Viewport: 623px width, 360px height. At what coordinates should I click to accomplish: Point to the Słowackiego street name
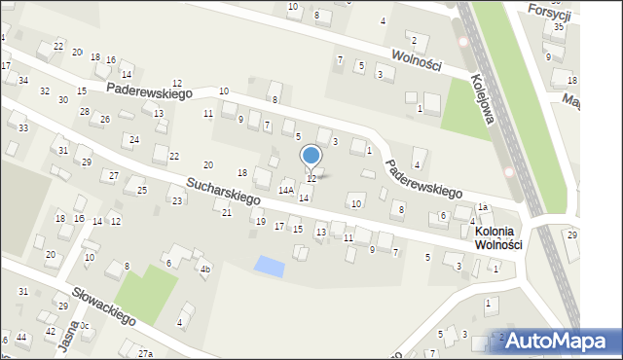click(x=102, y=305)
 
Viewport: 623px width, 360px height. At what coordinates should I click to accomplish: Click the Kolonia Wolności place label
click(x=498, y=238)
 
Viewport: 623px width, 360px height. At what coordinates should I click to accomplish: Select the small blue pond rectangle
click(x=265, y=265)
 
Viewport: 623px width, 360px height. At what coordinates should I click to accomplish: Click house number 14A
click(x=286, y=191)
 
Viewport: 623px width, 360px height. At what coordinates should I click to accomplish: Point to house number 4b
click(x=204, y=270)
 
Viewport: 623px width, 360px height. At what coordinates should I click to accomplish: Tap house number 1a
click(x=482, y=207)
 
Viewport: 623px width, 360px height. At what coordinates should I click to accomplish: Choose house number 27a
click(x=145, y=353)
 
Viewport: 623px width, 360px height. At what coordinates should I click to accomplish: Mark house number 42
click(x=50, y=332)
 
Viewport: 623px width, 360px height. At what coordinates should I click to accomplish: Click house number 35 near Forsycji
click(x=559, y=27)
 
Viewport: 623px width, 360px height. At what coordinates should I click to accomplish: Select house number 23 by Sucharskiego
click(x=176, y=200)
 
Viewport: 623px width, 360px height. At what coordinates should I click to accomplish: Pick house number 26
click(x=104, y=119)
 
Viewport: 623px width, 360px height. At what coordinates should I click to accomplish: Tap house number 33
click(x=22, y=128)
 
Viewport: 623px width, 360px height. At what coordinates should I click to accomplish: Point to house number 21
click(x=227, y=212)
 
